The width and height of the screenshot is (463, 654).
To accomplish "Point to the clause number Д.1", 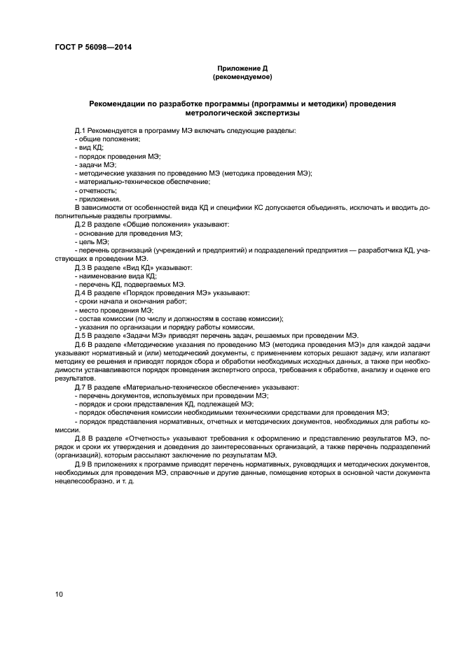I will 81,131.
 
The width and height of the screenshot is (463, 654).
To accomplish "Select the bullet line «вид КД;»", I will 89,148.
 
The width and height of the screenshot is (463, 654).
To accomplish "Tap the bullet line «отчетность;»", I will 95,190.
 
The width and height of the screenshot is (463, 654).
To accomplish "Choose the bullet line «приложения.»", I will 97,199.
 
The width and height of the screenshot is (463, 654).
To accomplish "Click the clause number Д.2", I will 81,225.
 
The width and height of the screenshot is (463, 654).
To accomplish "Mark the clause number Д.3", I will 81,267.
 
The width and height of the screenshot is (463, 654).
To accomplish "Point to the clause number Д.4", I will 81,292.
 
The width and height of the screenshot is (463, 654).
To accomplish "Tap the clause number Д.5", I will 81,335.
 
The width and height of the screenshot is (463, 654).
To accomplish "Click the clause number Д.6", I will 81,344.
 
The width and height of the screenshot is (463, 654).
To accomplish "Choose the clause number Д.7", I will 81,386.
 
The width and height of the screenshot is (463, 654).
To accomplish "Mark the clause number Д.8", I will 81,437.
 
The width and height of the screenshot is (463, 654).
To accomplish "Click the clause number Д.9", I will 81,463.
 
